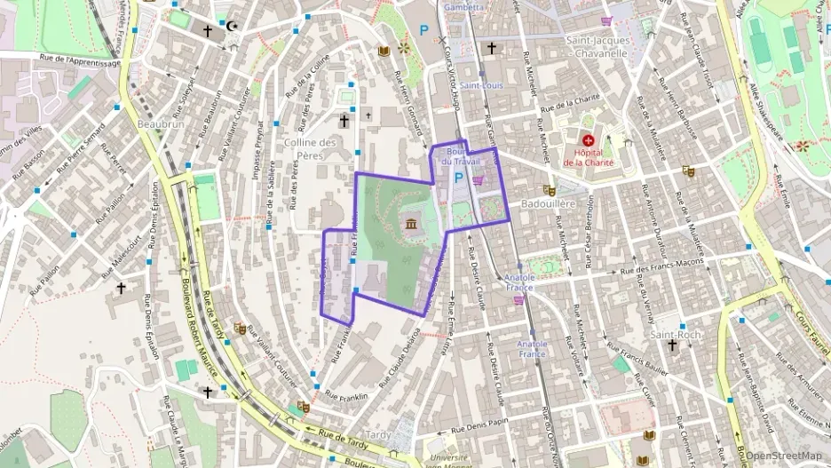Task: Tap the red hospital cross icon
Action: tap(588, 140)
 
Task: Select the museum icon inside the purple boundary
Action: tap(411, 223)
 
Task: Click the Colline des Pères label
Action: tap(311, 148)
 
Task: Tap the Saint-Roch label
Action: tap(676, 335)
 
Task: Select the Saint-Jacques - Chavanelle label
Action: tap(598, 46)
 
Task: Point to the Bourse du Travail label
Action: tap(460, 155)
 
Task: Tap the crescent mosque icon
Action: tap(233, 27)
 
